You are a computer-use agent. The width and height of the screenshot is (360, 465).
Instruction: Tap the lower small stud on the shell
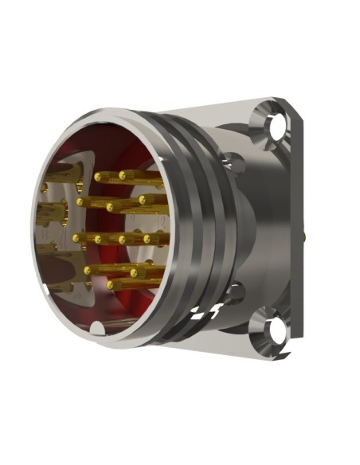233,292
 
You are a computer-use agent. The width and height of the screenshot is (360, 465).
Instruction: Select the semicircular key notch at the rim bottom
97,327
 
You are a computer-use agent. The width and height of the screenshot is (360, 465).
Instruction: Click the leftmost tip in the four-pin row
76,236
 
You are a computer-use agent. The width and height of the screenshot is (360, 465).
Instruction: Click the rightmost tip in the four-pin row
147,237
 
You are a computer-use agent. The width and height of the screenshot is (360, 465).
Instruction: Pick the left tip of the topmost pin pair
97,175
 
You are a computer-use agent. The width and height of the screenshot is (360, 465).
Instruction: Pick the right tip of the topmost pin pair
122,174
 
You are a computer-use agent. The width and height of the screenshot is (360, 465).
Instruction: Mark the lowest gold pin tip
112,283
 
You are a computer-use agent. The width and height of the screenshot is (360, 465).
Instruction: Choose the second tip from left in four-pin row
99,238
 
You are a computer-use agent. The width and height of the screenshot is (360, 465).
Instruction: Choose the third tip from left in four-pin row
122,238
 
